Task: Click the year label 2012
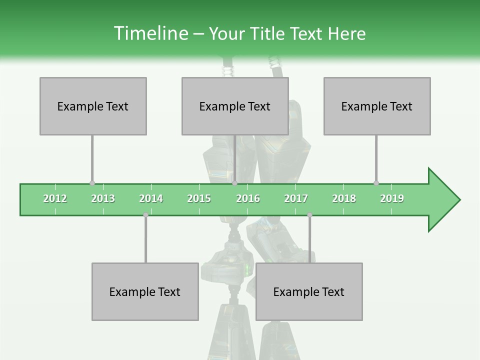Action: coord(55,198)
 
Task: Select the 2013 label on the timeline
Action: coord(103,198)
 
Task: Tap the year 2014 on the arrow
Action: coord(151,198)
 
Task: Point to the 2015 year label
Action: coord(199,198)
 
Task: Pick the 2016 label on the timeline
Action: coord(248,198)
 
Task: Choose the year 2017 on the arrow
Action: coord(296,198)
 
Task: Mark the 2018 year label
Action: coord(344,198)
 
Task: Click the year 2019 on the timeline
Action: coord(392,198)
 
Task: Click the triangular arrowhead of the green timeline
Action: coord(442,199)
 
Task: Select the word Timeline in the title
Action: coord(150,33)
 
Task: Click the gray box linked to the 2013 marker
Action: coord(93,106)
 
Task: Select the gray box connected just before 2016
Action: coord(235,106)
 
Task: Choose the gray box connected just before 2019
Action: coord(377,106)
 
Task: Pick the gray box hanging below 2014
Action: coord(145,291)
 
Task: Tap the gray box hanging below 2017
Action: coord(309,291)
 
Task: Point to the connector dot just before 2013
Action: coord(92,183)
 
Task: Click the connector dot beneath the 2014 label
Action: coord(145,215)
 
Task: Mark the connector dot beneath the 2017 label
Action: coord(309,215)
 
